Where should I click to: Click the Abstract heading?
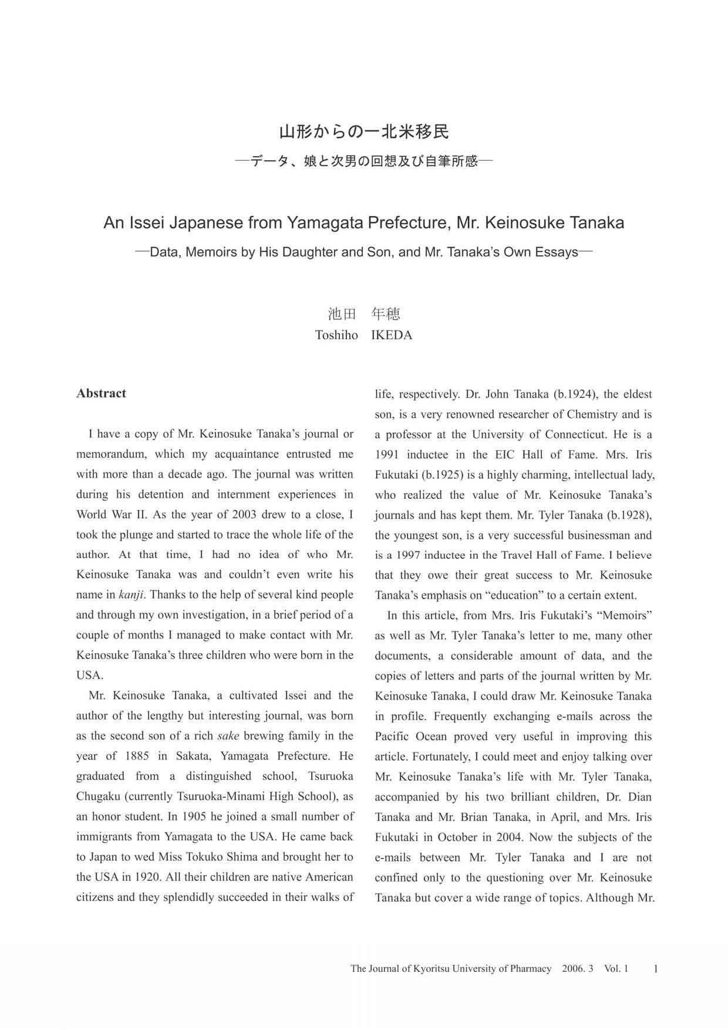[x=101, y=393]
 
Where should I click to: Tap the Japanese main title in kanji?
[x=363, y=131]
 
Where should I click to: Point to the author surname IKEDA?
[x=392, y=335]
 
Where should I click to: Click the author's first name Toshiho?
[x=336, y=335]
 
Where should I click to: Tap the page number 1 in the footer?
[x=655, y=968]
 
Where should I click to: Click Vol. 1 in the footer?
[x=616, y=968]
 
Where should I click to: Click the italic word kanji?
[x=132, y=595]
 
